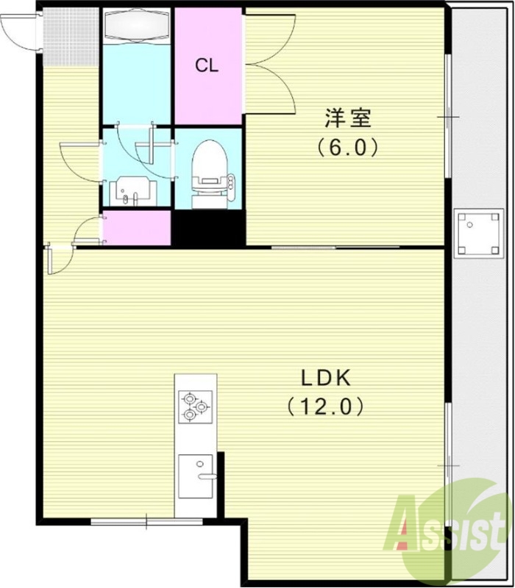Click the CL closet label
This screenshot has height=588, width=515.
207,65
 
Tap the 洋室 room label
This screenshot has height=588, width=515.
348,118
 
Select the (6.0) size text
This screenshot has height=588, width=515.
348,148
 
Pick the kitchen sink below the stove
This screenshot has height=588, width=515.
196,473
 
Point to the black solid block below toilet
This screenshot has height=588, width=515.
207,229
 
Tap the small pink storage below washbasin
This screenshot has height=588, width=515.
136,228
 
